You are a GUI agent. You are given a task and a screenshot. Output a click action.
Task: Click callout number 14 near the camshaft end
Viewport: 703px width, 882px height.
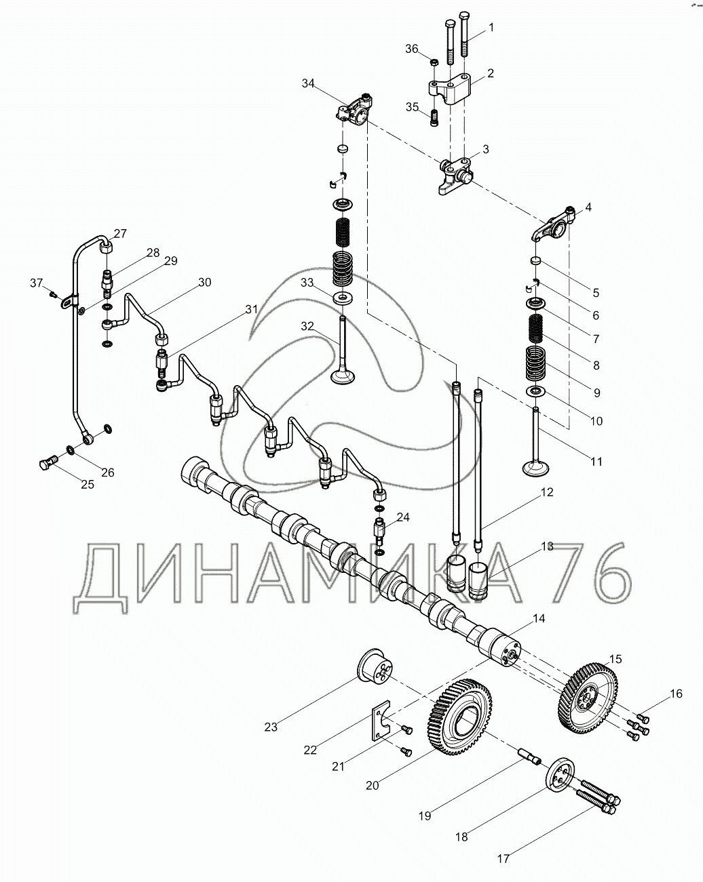click(x=539, y=619)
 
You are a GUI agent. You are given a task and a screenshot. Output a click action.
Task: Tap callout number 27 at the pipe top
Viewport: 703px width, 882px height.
click(x=120, y=234)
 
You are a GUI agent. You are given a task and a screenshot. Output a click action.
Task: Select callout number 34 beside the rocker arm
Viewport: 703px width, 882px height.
click(x=309, y=83)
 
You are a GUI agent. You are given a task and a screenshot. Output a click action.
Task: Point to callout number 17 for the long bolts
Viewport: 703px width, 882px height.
click(x=503, y=858)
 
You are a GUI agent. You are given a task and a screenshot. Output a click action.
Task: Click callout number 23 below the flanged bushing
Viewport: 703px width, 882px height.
click(x=271, y=727)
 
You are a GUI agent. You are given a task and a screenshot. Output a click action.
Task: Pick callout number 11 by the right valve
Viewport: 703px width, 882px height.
click(x=596, y=462)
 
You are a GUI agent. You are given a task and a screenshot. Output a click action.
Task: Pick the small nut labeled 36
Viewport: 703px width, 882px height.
click(x=434, y=62)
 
